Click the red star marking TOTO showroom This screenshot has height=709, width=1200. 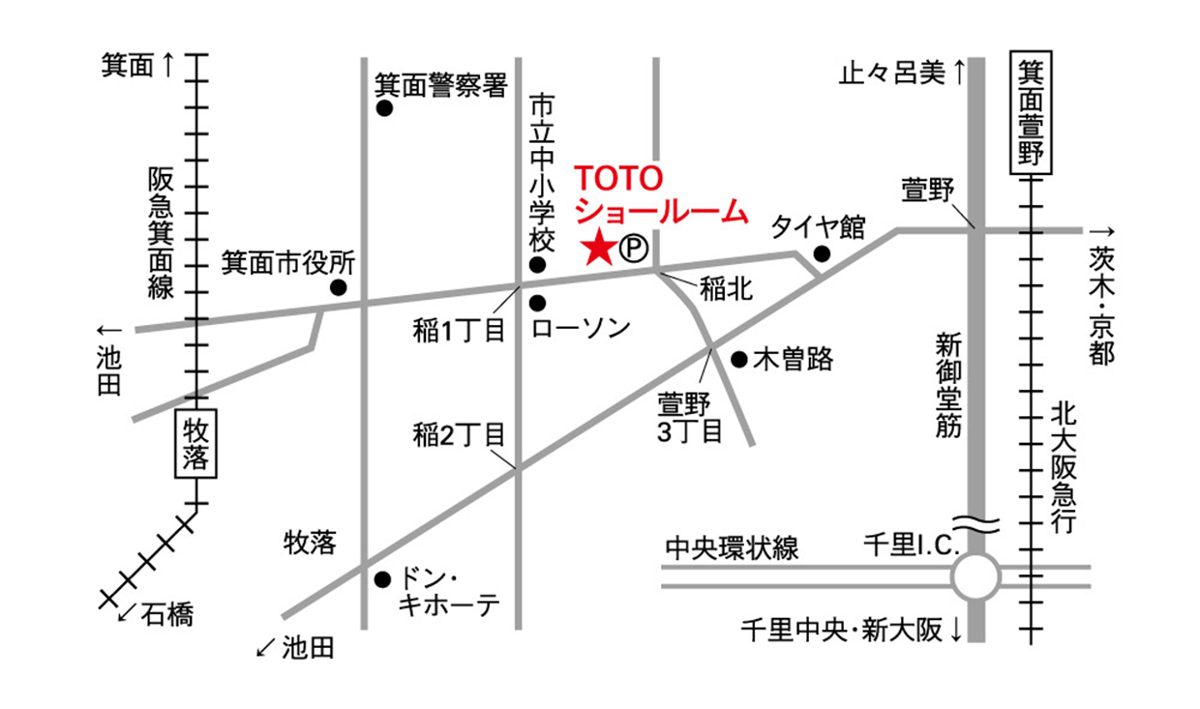click(599, 250)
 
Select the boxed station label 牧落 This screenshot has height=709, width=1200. click(196, 444)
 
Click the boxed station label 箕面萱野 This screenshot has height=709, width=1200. click(1030, 113)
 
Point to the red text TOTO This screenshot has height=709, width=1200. click(618, 179)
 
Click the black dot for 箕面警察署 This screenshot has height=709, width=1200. click(384, 110)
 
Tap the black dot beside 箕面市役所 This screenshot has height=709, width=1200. click(338, 287)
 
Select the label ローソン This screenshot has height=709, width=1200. click(582, 328)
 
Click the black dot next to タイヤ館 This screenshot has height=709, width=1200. click(822, 254)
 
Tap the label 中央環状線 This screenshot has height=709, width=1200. click(732, 548)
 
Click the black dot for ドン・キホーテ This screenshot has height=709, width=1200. click(383, 580)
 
